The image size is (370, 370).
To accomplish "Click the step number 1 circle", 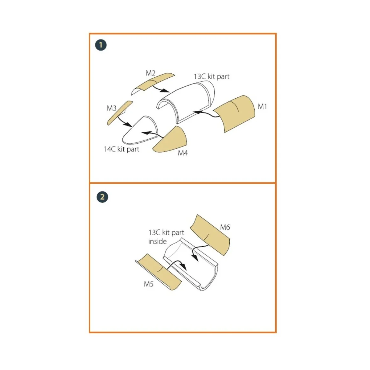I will (101, 45).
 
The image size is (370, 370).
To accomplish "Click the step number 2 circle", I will (102, 197).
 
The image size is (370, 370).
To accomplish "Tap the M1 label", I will (262, 106).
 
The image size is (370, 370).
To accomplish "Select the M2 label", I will (150, 73).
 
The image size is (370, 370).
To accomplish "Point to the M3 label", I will (112, 108).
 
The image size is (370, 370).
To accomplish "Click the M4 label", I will (183, 153).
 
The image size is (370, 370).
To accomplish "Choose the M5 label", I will (149, 284).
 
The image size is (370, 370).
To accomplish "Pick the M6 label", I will (225, 227).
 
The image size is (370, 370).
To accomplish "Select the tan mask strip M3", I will (119, 113).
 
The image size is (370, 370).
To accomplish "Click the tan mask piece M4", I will (173, 140).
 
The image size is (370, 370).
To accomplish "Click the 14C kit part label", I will (121, 149).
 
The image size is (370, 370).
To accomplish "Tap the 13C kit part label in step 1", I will (212, 76).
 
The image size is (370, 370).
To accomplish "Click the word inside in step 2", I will (157, 241).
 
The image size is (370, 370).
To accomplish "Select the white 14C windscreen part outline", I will (139, 133).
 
